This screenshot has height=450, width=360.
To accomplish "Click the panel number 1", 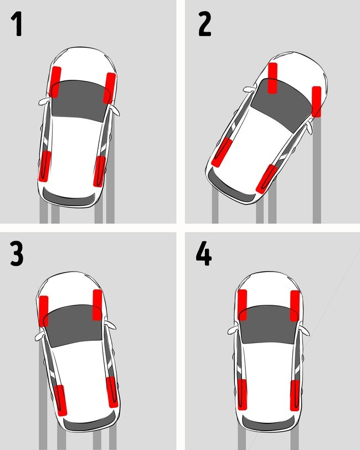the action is [17, 24].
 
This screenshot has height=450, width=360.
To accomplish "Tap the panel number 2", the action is [204, 24].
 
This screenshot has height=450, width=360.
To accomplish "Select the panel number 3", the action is [17, 254].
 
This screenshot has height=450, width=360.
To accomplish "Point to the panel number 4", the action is [204, 253].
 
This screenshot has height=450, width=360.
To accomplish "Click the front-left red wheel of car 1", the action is [55, 82].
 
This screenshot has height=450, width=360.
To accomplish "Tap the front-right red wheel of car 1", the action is [110, 88].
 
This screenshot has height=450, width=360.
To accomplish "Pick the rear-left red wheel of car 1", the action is [45, 166].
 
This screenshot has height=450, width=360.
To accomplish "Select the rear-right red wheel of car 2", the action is [267, 178].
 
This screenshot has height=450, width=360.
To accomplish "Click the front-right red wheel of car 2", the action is [316, 101].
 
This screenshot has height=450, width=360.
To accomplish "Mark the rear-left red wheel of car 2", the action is [222, 152].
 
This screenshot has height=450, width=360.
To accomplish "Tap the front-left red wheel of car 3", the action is [44, 311].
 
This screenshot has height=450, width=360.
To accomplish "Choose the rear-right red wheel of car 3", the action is [112, 392].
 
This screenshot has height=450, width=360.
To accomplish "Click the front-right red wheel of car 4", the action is [295, 306].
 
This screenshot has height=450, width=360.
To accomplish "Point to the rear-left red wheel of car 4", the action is [242, 395].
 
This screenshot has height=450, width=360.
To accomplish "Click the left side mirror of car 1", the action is [44, 101].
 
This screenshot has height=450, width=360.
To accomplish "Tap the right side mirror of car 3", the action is [110, 325].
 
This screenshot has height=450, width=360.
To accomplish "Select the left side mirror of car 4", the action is [234, 331].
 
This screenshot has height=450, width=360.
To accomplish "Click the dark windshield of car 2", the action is [282, 104].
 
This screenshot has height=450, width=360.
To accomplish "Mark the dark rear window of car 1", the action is [69, 196].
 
